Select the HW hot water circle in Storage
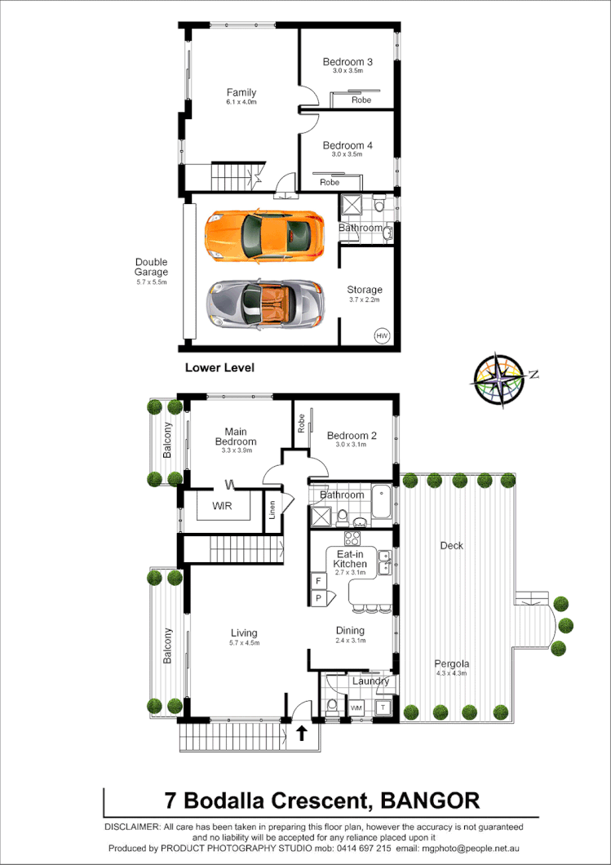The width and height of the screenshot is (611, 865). [x=382, y=335]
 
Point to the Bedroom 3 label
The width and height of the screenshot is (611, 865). [x=348, y=62]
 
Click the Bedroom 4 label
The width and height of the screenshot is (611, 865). [x=348, y=145]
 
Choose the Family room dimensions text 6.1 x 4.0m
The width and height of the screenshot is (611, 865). [x=241, y=103]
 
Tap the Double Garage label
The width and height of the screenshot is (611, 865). [x=152, y=267]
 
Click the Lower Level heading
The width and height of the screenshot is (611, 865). [x=219, y=368]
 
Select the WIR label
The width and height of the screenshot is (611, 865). [x=222, y=506]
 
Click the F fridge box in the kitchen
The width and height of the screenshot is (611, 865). [x=319, y=581]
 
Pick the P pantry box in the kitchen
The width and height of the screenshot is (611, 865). [x=319, y=598]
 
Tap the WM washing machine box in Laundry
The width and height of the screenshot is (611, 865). [x=356, y=708]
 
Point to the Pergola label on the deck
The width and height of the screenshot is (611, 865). [x=451, y=663]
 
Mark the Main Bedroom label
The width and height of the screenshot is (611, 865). [x=236, y=437]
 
